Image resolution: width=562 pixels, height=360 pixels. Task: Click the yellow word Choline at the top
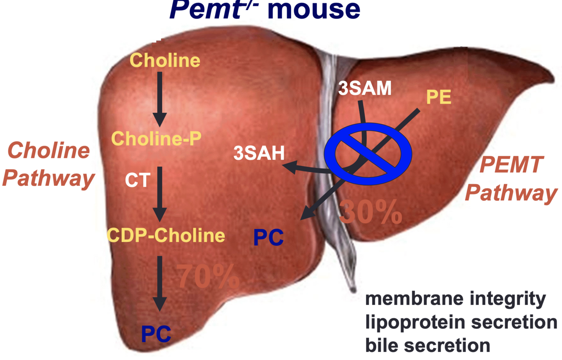[165, 61]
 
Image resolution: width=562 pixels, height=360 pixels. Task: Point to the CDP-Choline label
[166, 235]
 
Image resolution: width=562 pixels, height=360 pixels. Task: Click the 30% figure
[370, 212]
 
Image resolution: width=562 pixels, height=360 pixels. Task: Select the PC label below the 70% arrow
[156, 334]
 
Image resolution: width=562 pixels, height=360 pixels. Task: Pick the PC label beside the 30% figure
[268, 238]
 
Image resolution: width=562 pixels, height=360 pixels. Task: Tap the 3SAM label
[365, 89]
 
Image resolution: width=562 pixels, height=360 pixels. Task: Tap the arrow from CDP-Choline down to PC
[160, 284]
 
